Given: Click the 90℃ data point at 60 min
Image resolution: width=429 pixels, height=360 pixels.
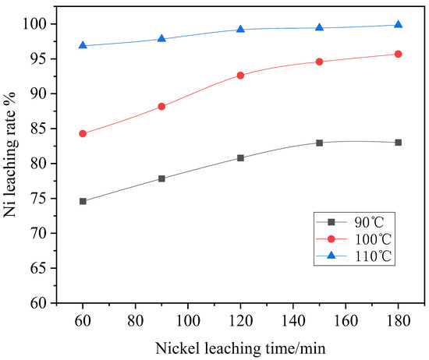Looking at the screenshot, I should coord(83,201).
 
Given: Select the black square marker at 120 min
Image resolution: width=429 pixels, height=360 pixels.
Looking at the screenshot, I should coord(240,157).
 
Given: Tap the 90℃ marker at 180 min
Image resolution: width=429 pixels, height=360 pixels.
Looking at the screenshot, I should coord(398,142).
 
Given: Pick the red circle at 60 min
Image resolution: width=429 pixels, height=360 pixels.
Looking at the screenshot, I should coord(83,133).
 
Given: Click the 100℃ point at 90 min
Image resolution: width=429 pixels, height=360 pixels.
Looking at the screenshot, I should coord(161,106).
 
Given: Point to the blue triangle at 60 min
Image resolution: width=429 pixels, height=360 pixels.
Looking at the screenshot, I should coord(83,45).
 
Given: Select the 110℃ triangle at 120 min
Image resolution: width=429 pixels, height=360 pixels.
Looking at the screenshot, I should coord(240,29).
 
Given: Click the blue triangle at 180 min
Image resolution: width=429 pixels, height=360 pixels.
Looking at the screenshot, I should coord(398,24).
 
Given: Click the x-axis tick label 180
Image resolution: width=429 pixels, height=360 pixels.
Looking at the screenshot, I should coord(398,319).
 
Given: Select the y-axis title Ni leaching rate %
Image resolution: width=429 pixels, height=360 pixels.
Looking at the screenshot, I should coord(11,164).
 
